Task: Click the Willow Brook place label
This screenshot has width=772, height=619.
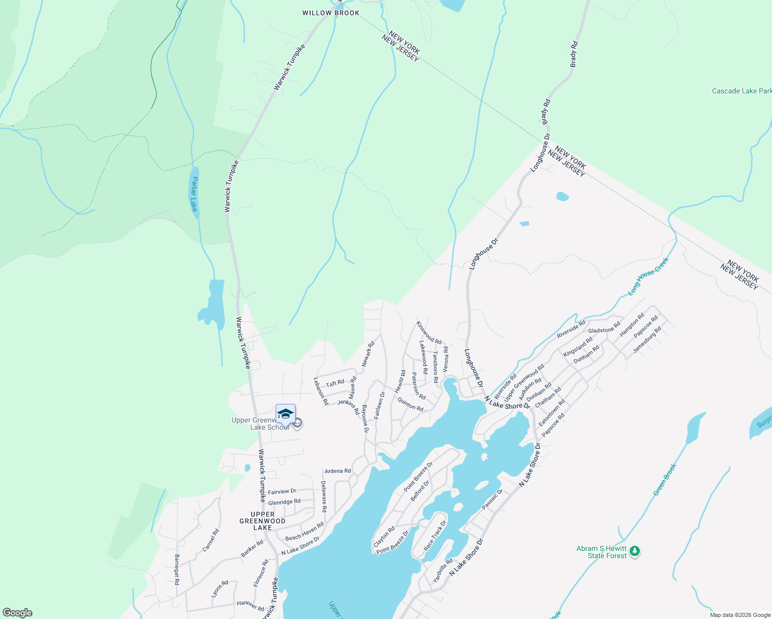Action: [x=331, y=13]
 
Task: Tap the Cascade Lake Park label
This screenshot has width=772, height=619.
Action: [x=741, y=91]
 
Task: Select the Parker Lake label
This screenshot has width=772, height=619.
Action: [x=195, y=194]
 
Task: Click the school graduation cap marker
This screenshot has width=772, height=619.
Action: [x=285, y=414]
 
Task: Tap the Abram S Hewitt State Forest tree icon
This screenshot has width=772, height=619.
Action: [x=635, y=552]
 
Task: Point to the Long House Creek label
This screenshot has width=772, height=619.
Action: [x=648, y=276]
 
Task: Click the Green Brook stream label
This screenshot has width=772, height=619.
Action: [x=665, y=480]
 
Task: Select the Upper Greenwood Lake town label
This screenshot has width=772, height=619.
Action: [x=263, y=521]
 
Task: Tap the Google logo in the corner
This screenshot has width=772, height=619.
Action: [x=18, y=613]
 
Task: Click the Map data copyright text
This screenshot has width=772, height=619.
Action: [x=740, y=615]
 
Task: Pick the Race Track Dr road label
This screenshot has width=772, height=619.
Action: [x=435, y=535]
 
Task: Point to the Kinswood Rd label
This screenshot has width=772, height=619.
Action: [x=429, y=333]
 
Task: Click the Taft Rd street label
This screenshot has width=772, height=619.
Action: [x=335, y=383]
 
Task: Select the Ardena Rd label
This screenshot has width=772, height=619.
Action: [x=337, y=471]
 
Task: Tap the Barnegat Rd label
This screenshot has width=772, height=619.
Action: [x=176, y=569]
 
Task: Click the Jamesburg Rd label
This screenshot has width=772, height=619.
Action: [x=647, y=342]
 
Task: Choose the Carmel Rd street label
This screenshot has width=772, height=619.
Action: [x=211, y=540]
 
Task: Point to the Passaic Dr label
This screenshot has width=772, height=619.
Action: [x=492, y=499]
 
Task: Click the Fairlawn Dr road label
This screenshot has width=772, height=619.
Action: [x=379, y=405]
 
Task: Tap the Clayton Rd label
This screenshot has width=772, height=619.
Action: [x=384, y=536]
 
